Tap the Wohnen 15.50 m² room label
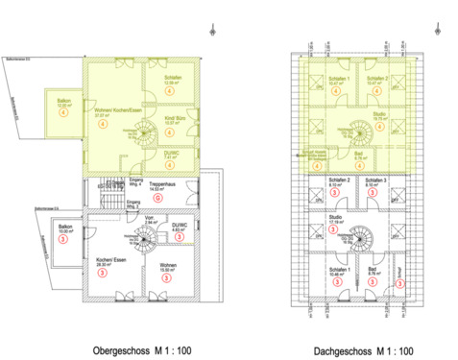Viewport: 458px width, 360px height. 167,269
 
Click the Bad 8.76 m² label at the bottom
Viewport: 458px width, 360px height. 372,273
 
